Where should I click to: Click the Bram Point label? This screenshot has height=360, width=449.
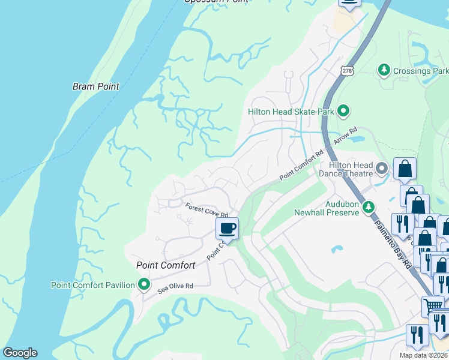96,86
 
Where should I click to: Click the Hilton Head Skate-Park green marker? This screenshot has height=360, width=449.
343,111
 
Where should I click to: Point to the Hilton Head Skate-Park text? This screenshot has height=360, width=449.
291,112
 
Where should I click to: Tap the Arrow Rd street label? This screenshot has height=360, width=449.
345,135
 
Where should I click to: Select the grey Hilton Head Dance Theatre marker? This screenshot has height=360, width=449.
381,166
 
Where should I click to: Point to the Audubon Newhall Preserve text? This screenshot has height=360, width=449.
326,208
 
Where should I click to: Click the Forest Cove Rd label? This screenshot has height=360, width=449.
206,211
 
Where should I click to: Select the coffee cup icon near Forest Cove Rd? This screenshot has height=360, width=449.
227,228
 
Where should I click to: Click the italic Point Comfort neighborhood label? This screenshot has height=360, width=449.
166,265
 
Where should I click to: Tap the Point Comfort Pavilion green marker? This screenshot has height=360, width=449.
143,284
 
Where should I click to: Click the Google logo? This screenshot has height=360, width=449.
20,353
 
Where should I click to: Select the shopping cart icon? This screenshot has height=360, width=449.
432,305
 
